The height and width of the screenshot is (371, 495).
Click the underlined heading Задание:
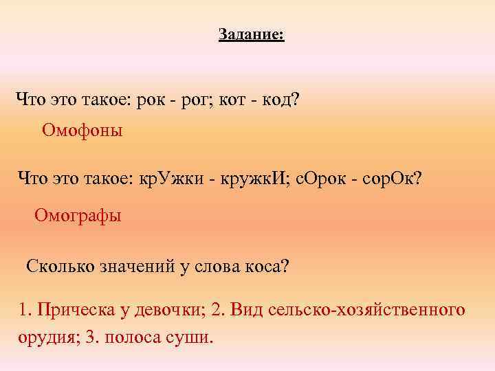coord(251,34)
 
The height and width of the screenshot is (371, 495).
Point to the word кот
coord(239,100)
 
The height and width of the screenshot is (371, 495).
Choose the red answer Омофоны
coord(82,130)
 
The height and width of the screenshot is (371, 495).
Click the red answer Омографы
coord(78,216)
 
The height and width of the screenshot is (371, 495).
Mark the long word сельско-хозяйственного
coord(371,311)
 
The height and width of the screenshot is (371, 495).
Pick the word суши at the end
coord(195,339)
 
